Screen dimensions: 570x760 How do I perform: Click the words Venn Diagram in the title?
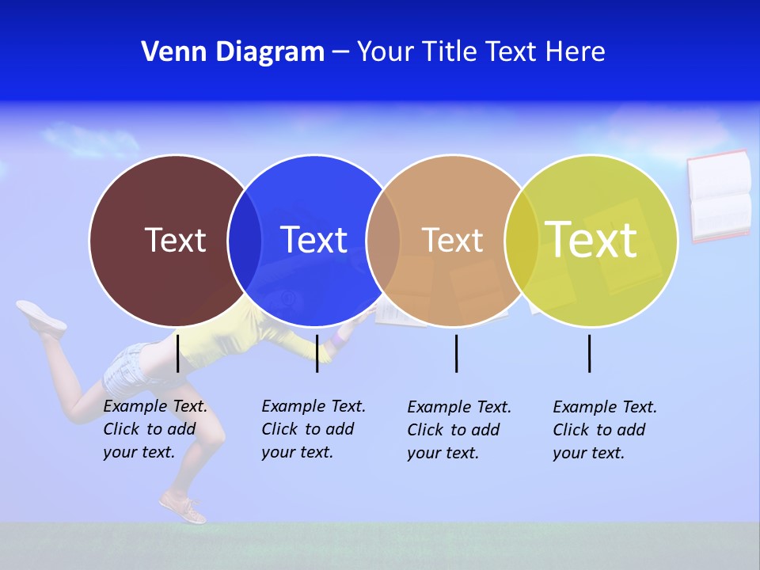[x=233, y=52]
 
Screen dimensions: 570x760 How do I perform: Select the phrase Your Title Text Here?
[x=481, y=52]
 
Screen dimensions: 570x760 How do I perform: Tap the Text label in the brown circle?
[x=175, y=240]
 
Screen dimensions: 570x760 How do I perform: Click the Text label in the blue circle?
[x=313, y=240]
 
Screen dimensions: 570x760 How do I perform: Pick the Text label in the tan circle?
[x=452, y=240]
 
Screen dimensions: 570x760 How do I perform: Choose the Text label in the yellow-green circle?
[x=591, y=240]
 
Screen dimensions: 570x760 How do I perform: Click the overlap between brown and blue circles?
[x=245, y=241]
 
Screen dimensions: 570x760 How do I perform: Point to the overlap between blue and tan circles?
[x=383, y=241]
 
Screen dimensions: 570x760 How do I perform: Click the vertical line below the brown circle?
[x=177, y=353]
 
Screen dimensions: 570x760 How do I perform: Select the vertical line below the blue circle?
[x=317, y=353]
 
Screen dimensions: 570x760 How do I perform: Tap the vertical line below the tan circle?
[x=456, y=353]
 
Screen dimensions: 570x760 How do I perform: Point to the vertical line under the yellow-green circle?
[x=589, y=353]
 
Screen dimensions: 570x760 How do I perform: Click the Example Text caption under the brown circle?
[x=155, y=429]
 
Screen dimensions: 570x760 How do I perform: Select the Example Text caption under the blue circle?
[x=313, y=429]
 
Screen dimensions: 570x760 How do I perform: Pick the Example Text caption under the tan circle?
[x=459, y=430]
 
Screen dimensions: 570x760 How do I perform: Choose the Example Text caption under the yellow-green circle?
[x=605, y=430]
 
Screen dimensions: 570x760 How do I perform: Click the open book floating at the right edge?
[x=719, y=196]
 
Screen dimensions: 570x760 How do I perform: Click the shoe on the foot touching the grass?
[x=183, y=507]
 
